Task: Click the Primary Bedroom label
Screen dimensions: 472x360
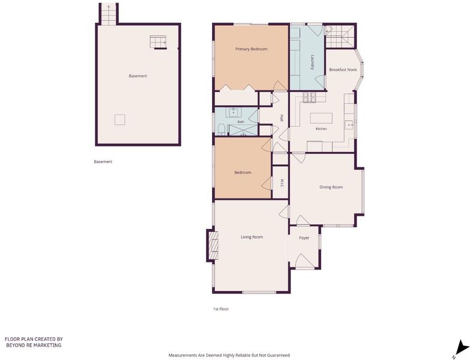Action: [x=251, y=49]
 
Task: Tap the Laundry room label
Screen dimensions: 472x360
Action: [x=312, y=62]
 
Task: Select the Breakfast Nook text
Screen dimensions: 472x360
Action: [x=343, y=70]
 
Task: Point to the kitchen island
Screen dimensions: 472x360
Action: [x=321, y=118]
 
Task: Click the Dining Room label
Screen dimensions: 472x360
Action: [x=331, y=187]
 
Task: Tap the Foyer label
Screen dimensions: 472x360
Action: [x=304, y=238]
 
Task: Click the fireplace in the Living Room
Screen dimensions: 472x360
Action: [x=213, y=245]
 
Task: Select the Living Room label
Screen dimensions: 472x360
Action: [x=252, y=237]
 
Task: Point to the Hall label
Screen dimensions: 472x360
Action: [x=282, y=118]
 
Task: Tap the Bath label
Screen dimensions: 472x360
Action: [x=241, y=122]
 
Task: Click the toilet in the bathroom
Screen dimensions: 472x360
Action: [x=221, y=130]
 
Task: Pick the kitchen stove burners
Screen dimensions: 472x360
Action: [x=309, y=97]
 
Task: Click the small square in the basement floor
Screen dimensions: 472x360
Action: [x=120, y=120]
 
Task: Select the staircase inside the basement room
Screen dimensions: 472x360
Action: [x=159, y=43]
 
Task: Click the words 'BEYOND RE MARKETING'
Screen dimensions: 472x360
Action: [x=34, y=345]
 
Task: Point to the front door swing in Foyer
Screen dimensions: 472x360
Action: [x=304, y=261]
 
